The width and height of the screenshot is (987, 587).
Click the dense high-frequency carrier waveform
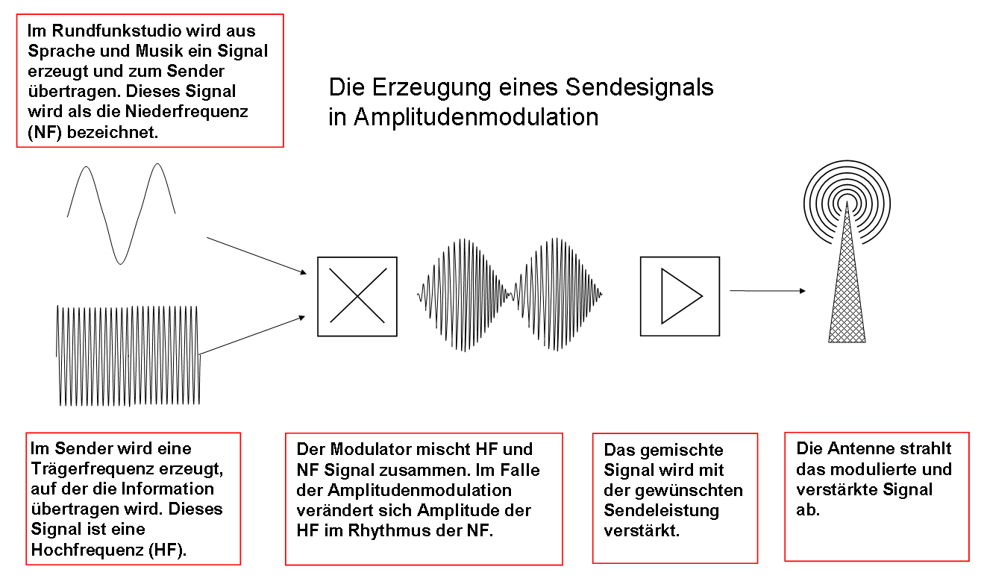pos(128,356)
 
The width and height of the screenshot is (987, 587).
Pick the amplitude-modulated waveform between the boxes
pos(510,295)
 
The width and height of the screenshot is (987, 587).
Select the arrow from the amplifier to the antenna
pos(768,291)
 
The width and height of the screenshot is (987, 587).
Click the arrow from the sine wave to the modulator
pos(257,256)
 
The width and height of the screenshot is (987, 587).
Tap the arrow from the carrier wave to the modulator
pos(252,336)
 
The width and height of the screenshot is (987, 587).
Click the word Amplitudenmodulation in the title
pos(476,117)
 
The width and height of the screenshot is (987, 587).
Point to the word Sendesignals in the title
pos(639,87)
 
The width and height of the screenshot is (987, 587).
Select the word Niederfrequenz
pos(187,111)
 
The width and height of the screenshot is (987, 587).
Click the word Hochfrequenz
pos(87,550)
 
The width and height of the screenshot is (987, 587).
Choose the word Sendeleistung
pos(662,510)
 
